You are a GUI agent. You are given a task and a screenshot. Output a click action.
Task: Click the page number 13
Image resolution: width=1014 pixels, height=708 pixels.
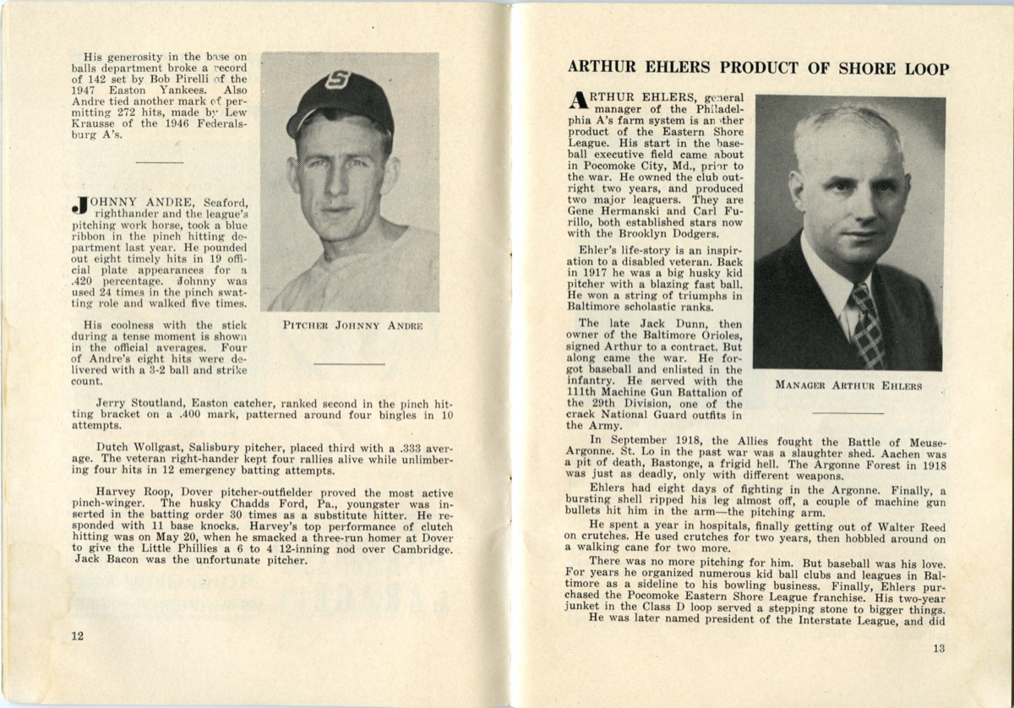939,649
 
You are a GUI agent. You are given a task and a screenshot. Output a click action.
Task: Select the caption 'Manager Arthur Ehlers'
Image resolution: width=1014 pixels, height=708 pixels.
848,387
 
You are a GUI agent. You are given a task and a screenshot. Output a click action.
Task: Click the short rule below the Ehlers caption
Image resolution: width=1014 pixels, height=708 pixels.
848,412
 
